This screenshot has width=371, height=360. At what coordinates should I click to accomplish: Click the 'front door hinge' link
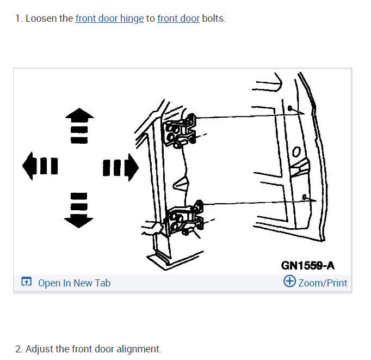(109, 19)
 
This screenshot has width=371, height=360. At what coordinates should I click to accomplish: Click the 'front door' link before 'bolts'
(178, 19)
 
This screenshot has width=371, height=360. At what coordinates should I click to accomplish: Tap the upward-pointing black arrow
(79, 126)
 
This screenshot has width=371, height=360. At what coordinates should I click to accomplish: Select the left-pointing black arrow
(40, 166)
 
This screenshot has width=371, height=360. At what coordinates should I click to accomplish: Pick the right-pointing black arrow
(121, 167)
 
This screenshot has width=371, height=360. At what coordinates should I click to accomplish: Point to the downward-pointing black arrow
(79, 210)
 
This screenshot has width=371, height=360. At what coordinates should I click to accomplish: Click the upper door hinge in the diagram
(180, 131)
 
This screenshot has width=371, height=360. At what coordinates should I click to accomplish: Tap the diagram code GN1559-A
(307, 265)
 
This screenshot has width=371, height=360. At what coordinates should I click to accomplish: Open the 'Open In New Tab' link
(75, 283)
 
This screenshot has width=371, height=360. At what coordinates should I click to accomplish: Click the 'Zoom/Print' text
(323, 283)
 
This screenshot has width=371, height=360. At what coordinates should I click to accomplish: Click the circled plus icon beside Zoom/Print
(289, 281)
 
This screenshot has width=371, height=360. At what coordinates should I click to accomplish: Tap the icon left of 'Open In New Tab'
(26, 282)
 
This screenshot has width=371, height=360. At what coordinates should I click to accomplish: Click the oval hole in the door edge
(296, 152)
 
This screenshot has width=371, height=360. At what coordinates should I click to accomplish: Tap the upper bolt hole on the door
(289, 108)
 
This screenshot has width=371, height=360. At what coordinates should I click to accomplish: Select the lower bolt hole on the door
(304, 197)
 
